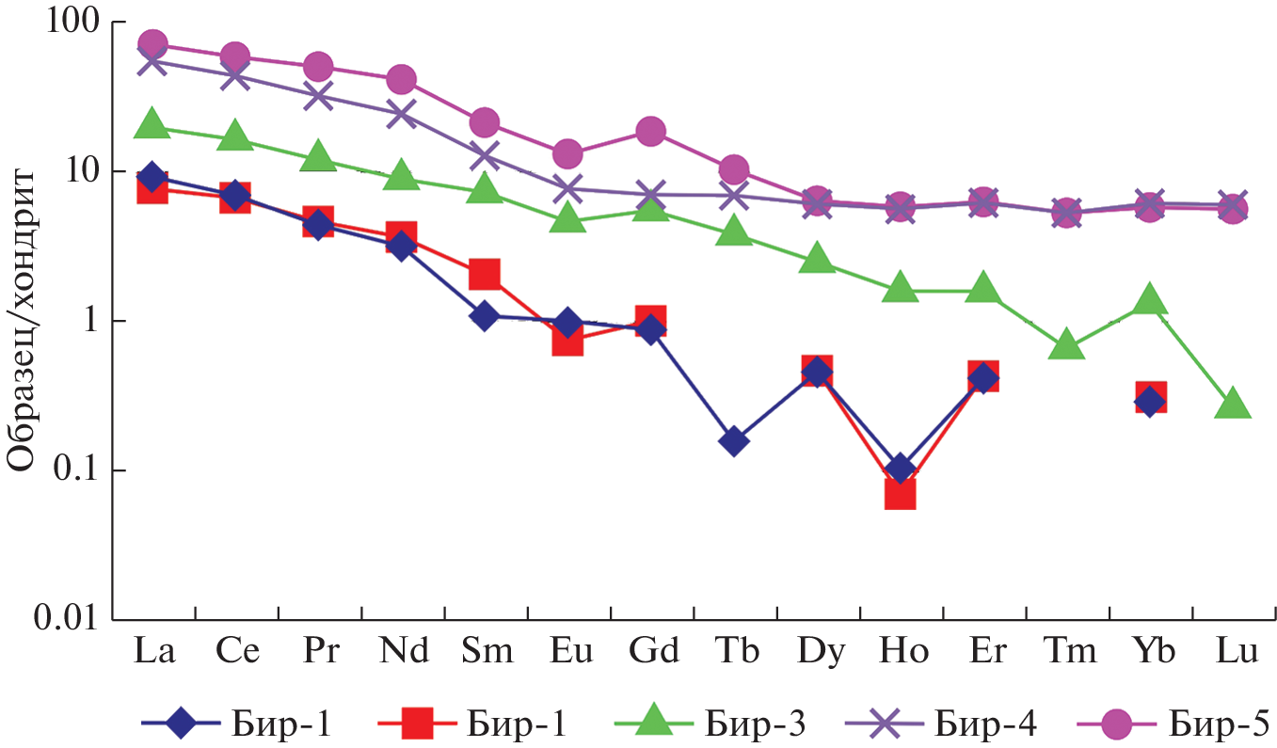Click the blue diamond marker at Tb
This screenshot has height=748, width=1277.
(734, 440)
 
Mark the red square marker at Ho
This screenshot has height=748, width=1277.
(901, 492)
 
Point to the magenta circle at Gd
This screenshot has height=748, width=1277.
(650, 131)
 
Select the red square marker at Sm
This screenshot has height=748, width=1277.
(484, 274)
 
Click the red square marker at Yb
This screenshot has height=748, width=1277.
(1150, 397)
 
